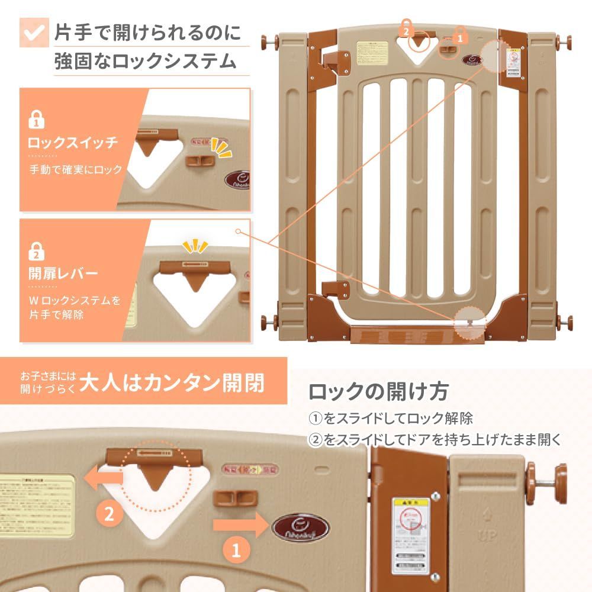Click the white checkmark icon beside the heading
pos(34,32)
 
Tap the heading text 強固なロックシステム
pos(144,61)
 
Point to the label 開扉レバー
pos(63,274)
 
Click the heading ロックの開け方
pos(379,391)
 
